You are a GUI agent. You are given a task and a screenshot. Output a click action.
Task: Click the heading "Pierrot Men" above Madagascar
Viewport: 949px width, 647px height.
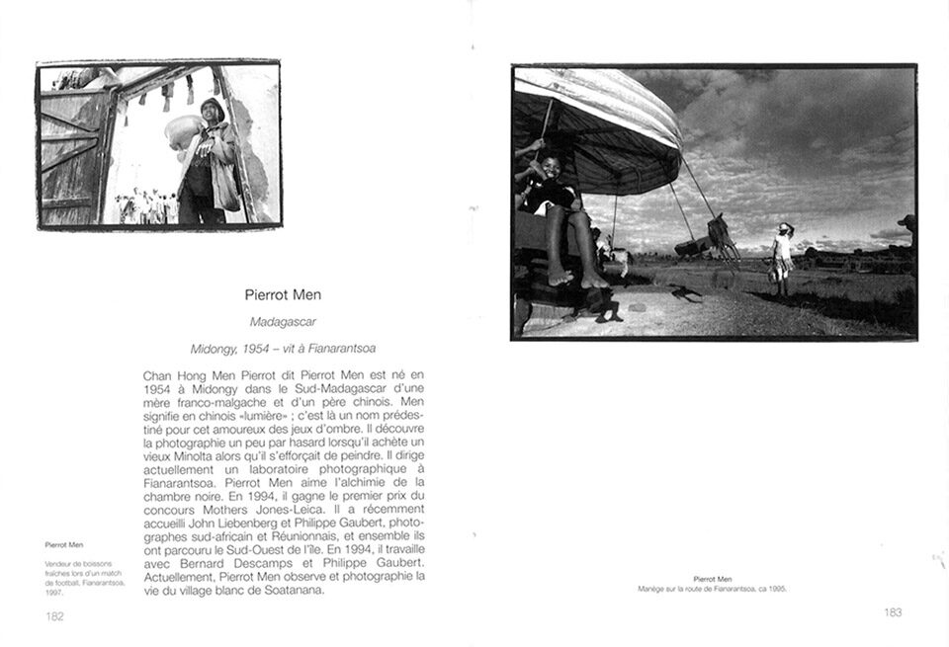pyautogui.click(x=283, y=294)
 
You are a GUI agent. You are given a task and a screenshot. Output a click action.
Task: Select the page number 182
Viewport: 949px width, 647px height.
pyautogui.click(x=54, y=615)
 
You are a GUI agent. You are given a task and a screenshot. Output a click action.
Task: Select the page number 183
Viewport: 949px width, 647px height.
pyautogui.click(x=892, y=612)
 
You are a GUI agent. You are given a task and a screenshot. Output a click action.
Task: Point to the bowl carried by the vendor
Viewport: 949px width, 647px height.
pyautogui.click(x=184, y=132)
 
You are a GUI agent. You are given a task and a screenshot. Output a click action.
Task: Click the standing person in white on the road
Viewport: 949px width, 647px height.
pyautogui.click(x=782, y=257)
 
